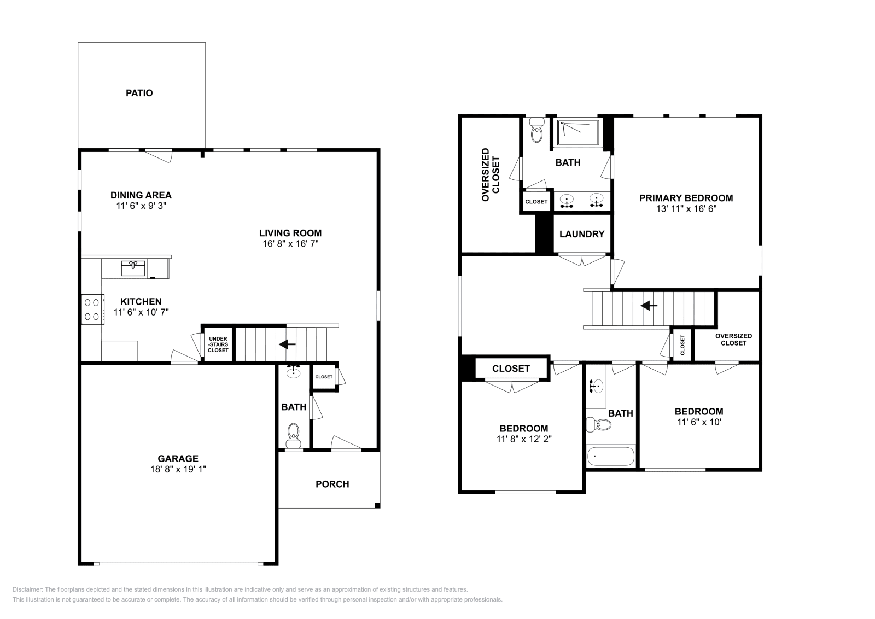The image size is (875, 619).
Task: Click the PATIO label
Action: pyautogui.click(x=139, y=93)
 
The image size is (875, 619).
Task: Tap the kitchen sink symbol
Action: pyautogui.click(x=133, y=268)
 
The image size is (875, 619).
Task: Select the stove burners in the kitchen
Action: pyautogui.click(x=92, y=308)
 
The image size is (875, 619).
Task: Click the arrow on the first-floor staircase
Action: pyautogui.click(x=287, y=344)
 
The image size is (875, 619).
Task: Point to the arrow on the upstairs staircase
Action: pyautogui.click(x=649, y=306)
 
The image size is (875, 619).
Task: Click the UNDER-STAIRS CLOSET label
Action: pyautogui.click(x=218, y=344)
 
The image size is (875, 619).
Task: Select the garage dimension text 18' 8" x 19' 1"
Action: pyautogui.click(x=178, y=469)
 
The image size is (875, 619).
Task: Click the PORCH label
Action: pyautogui.click(x=332, y=484)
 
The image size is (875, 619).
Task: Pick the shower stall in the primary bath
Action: pyautogui.click(x=577, y=132)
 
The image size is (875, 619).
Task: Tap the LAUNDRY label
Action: pyautogui.click(x=582, y=234)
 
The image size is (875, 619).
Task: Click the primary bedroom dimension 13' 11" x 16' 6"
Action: pyautogui.click(x=686, y=208)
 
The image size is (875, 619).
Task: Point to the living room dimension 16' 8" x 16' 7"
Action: pyautogui.click(x=290, y=243)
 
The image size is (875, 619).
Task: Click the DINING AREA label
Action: pyautogui.click(x=141, y=195)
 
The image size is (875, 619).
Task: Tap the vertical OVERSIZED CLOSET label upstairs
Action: pyautogui.click(x=490, y=175)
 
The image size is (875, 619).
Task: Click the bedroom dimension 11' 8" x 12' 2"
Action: pyautogui.click(x=523, y=439)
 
